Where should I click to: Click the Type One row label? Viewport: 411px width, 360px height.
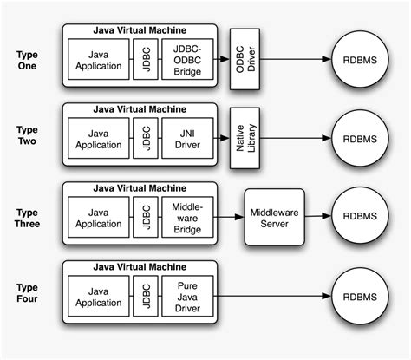(27, 60)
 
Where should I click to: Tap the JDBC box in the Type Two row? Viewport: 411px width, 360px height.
(145, 138)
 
